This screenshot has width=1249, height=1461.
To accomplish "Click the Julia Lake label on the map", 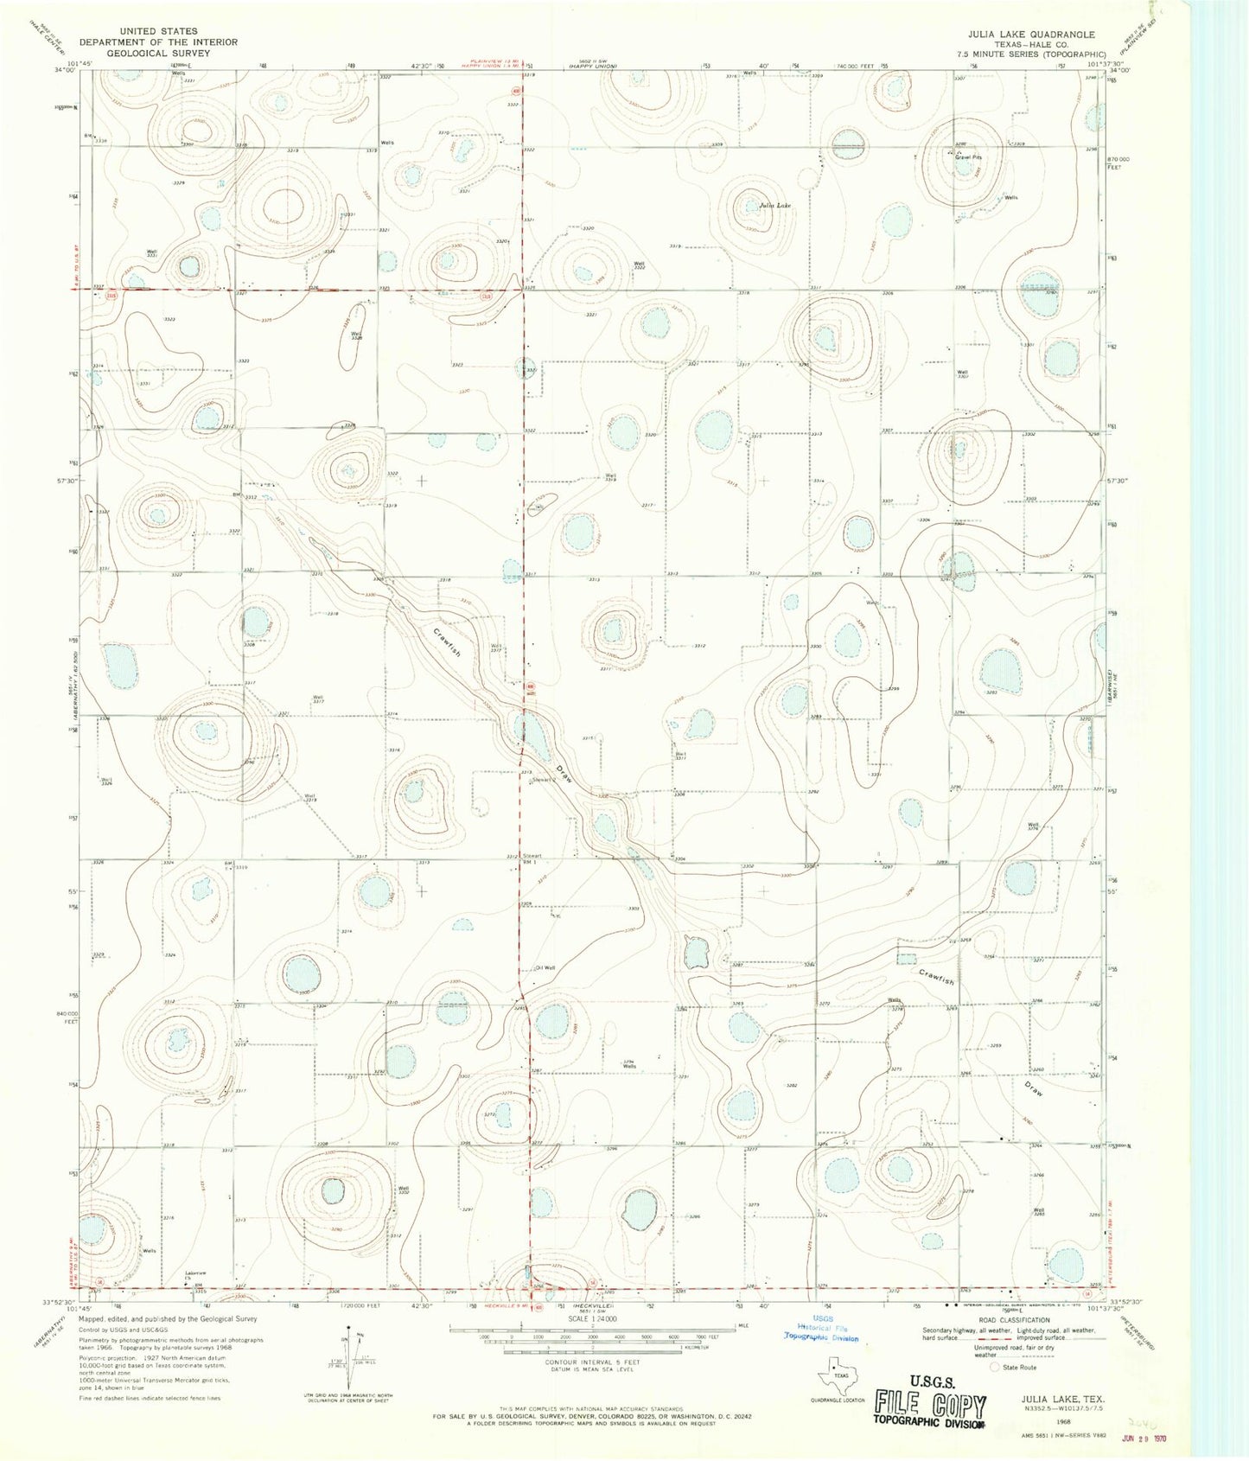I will tap(774, 206).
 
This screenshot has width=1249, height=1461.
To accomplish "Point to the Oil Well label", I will tap(545, 967).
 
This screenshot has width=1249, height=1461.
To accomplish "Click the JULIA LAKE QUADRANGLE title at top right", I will tap(1032, 35).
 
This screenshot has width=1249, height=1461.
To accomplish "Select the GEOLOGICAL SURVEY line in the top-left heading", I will tap(158, 52).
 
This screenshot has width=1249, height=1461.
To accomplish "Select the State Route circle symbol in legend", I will tap(994, 1368).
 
